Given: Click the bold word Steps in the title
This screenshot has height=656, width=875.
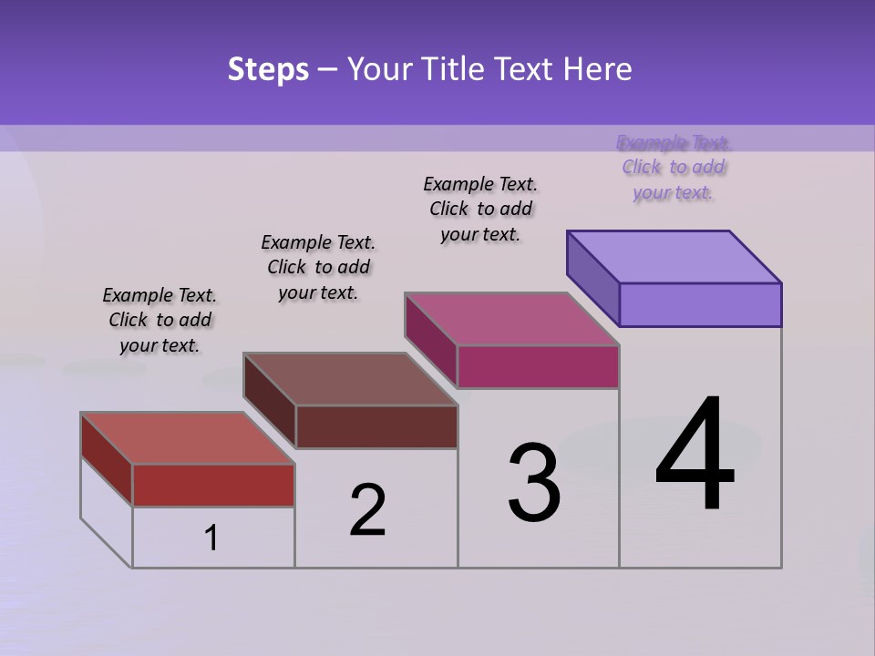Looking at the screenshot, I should click(x=268, y=69).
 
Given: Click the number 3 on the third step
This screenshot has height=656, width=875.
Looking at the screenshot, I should click(x=534, y=483).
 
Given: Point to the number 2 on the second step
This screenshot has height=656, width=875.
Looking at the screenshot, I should click(x=367, y=510).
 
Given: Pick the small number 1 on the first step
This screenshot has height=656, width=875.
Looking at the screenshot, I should click(x=211, y=538).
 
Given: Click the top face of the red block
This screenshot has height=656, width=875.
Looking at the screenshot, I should click(x=187, y=438).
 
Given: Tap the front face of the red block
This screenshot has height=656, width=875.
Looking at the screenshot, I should click(x=213, y=485).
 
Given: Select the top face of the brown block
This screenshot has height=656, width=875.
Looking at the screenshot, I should click(x=350, y=379).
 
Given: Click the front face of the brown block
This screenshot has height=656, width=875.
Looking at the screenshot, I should click(x=376, y=426).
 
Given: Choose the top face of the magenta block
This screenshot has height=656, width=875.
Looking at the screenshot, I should click(x=511, y=319).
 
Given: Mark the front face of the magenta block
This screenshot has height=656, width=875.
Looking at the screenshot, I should click(x=538, y=366).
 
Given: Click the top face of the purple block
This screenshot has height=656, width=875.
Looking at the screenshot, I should click(x=674, y=257).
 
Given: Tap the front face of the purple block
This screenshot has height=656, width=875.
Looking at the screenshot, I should click(x=700, y=304).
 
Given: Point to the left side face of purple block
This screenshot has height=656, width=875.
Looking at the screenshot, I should click(x=592, y=278).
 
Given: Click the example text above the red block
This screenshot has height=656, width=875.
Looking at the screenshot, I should click(x=160, y=321).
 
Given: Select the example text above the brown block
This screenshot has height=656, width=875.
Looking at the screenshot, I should click(x=318, y=268).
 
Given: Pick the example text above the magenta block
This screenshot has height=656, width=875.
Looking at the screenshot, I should click(x=480, y=210).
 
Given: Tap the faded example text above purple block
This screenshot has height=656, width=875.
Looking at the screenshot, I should click(x=674, y=168).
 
